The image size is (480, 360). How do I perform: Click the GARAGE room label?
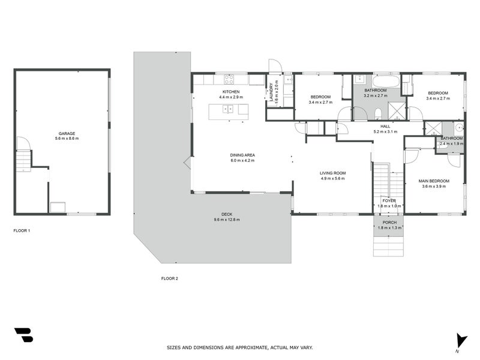pos(67,133)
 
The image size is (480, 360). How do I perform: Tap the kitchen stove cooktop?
pos(230,79)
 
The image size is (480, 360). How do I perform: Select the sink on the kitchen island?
pos(227,109)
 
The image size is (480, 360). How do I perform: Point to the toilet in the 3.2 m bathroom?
pos(377,114)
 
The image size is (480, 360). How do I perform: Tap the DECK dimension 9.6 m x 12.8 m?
pos(227,220)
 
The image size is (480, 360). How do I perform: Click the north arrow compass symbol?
pos(460,340)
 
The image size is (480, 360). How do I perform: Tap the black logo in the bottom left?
pos(23,335)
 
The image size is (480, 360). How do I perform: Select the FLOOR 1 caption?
pos(22,230)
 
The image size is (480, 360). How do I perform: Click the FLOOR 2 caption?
pos(170,278)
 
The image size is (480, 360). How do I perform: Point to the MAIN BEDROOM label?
pos(434,181)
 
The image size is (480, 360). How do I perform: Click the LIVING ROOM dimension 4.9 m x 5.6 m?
pos(333,178)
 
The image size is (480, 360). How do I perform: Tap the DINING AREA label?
pos(242,155)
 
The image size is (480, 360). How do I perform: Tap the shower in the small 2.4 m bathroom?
pos(433,128)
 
